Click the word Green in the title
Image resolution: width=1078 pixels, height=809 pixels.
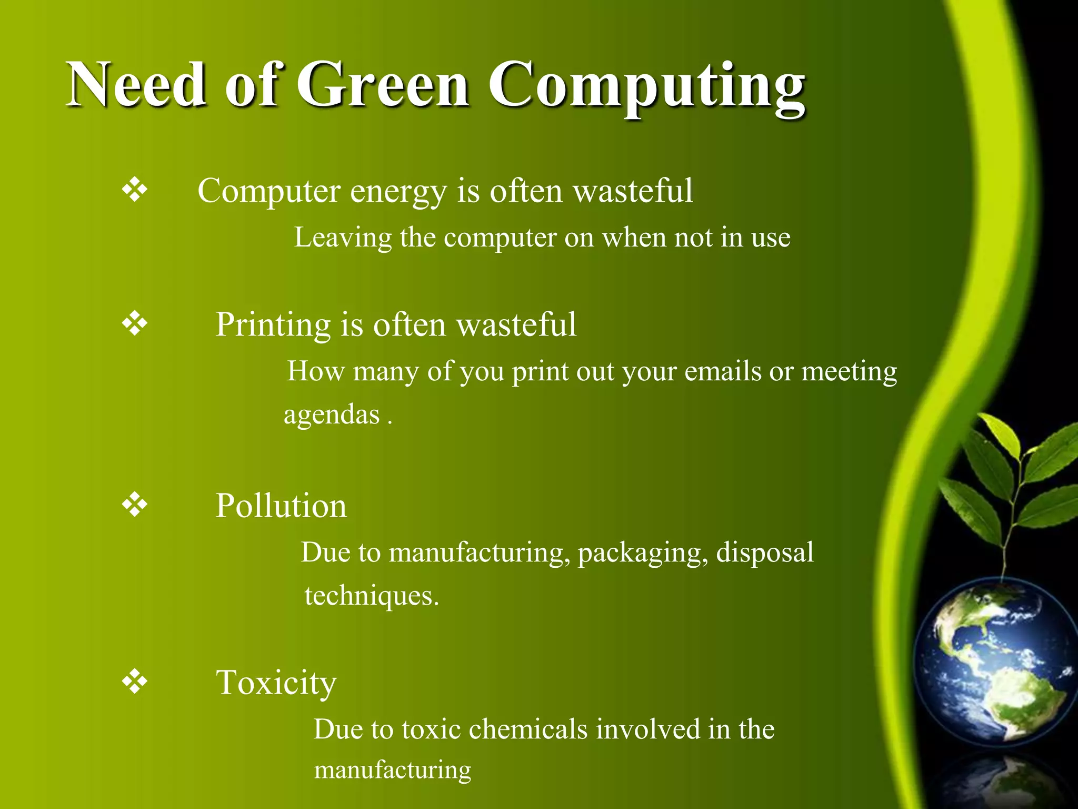(x=383, y=85)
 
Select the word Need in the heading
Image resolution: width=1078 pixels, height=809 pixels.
(x=136, y=85)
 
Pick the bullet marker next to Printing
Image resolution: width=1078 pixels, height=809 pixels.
(x=135, y=323)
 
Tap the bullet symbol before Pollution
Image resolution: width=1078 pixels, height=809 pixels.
(x=135, y=505)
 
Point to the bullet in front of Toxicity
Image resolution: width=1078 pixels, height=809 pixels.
(x=135, y=682)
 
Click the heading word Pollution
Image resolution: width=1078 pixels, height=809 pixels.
(x=281, y=506)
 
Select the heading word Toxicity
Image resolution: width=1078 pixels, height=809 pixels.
(x=276, y=683)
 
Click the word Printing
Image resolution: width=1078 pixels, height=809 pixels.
(x=273, y=324)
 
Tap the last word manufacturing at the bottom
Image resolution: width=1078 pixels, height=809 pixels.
(x=392, y=770)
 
